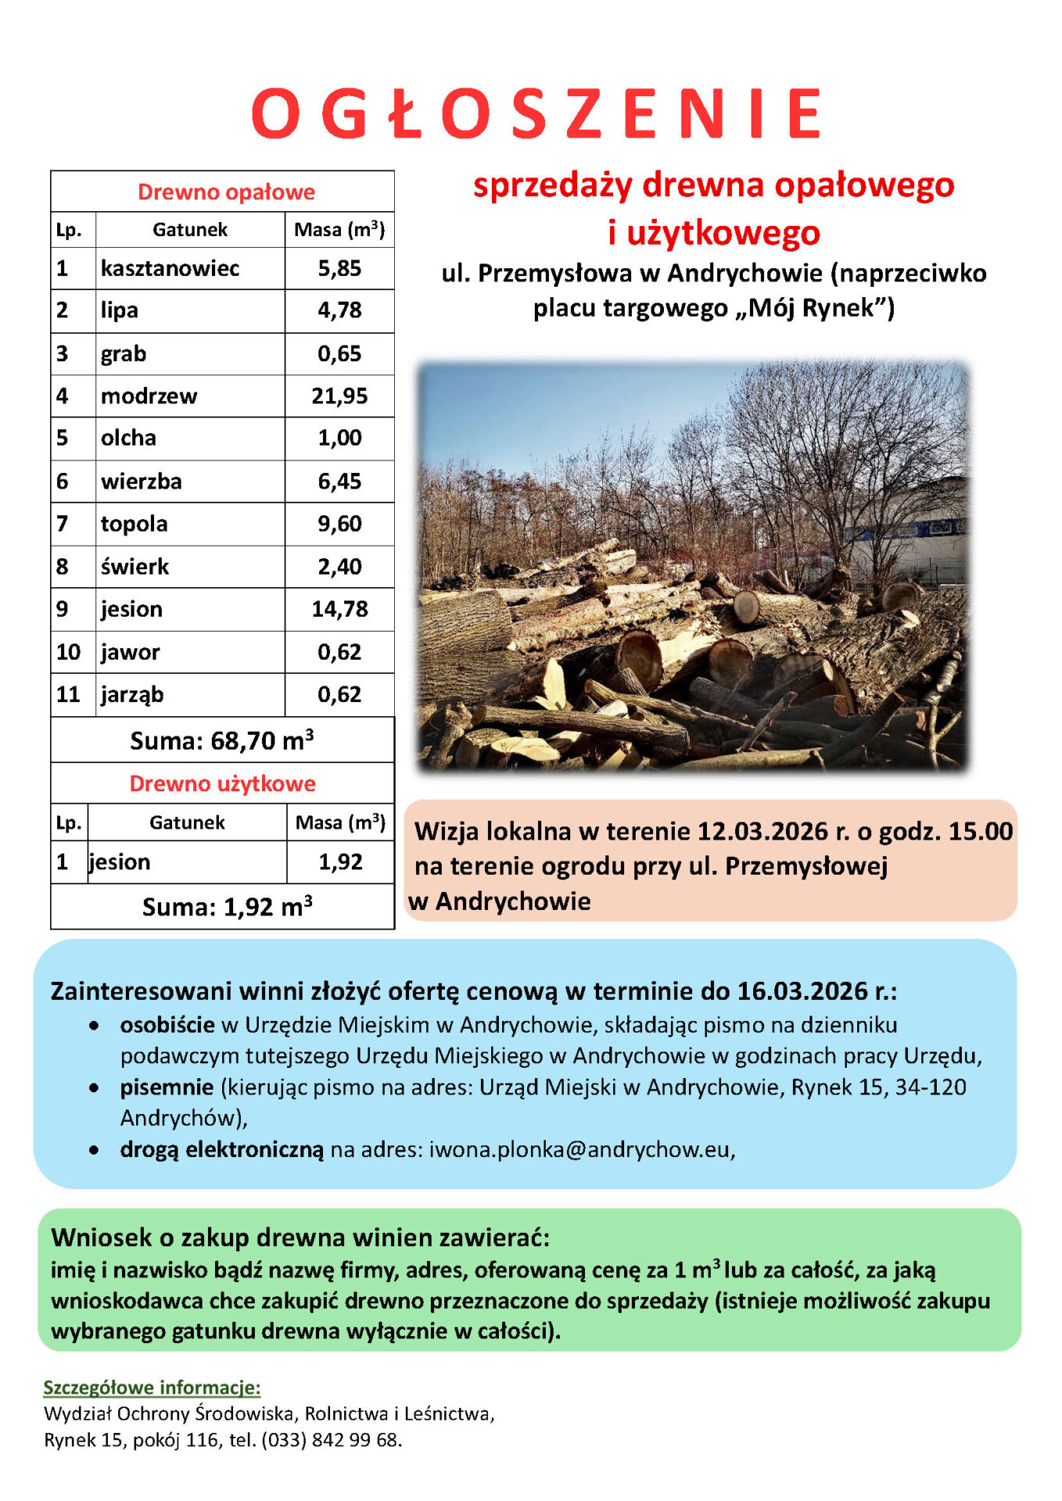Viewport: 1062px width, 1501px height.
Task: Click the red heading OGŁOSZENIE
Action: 536,114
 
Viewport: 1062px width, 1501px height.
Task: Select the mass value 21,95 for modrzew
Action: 339,396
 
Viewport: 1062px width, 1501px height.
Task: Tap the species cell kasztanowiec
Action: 170,269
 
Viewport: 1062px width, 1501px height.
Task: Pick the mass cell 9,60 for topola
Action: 339,524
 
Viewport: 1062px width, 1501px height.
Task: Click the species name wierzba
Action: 141,482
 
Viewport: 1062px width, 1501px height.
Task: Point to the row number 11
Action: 68,694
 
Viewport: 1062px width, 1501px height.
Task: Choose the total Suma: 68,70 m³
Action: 222,740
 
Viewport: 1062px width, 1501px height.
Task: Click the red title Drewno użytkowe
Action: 222,783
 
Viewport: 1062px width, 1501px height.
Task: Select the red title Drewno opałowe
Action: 226,192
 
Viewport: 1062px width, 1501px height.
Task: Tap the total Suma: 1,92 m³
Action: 227,907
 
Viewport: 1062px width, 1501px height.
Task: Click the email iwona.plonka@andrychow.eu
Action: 579,1149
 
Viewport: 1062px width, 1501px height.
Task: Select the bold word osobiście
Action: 167,1025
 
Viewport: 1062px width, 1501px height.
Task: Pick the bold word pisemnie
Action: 167,1087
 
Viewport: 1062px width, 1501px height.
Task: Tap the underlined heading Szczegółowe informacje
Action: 152,1388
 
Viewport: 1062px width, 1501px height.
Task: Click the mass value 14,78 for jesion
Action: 339,609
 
